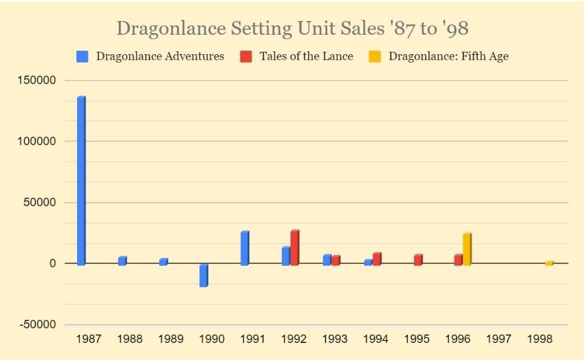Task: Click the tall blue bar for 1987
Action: click(80, 180)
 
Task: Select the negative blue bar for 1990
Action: click(203, 275)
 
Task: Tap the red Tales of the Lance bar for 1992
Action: click(295, 248)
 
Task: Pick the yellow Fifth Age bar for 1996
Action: click(467, 249)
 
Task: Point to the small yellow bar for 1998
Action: click(549, 263)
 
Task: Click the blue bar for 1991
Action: click(244, 248)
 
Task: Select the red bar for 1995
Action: click(418, 260)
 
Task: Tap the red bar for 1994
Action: click(377, 259)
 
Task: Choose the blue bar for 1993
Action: click(327, 260)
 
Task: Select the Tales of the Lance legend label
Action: click(306, 56)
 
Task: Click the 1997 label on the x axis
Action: click(499, 339)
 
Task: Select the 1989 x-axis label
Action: click(170, 339)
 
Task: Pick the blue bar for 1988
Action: click(122, 261)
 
